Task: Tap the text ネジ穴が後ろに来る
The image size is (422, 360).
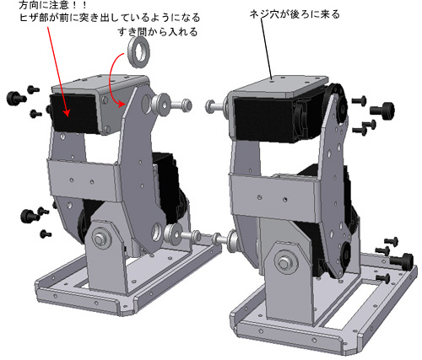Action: tap(295, 14)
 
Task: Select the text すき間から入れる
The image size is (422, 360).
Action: tap(158, 32)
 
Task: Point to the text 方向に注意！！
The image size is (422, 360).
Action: tap(52, 5)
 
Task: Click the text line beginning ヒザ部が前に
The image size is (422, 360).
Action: tap(110, 18)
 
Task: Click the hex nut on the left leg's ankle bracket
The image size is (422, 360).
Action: tap(99, 239)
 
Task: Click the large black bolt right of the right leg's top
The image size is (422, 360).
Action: tap(382, 110)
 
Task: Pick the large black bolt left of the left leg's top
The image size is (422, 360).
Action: tap(16, 98)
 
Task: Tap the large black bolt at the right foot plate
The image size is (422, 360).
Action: tap(402, 260)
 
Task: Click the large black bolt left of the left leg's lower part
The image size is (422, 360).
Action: tap(30, 216)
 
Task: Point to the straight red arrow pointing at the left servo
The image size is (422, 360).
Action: tap(57, 72)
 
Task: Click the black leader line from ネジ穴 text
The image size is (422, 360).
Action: tap(266, 49)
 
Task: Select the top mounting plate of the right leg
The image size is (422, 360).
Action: tap(280, 85)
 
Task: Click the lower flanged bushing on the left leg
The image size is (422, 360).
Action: tap(173, 234)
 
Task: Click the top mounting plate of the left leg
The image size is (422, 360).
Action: tap(100, 83)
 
